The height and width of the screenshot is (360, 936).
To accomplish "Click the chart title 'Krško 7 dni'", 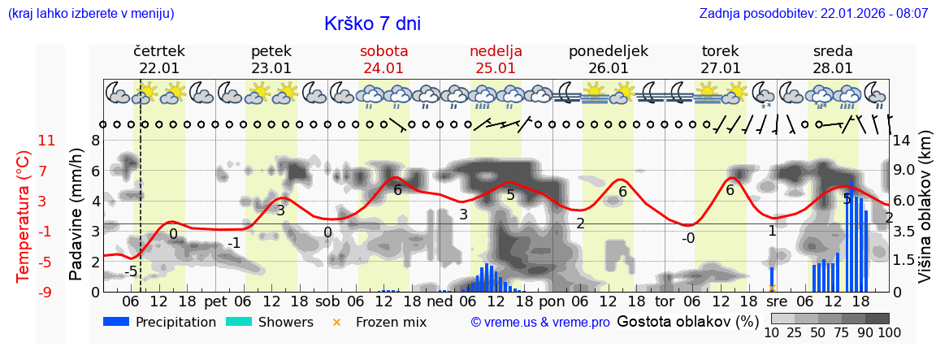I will pos(372,24).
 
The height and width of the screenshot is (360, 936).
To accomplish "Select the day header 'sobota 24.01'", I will pos(383,59).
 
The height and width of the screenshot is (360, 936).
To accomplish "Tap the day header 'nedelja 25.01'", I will pos(496,59).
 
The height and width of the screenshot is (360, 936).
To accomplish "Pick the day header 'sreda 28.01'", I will pos(833,59).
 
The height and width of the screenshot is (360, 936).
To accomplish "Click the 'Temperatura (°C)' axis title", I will pos(23,215).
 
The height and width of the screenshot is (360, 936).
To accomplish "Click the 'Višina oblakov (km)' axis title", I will pos(924,215).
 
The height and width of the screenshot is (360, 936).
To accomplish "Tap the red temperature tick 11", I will pos(46,141).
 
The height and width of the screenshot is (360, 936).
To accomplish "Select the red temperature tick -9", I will pos(46,292).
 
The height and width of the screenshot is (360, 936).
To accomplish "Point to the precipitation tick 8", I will pos(95,141).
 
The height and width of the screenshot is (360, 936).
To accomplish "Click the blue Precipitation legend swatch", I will pos(116,323).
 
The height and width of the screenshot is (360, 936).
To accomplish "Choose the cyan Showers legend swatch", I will pos(238,323).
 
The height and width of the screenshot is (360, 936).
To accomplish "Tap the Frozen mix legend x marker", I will pos(336,323).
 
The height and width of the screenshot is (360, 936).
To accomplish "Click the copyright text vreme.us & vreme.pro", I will pos(539,323).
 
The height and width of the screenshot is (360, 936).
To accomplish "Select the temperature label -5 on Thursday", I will pos(131,271).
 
